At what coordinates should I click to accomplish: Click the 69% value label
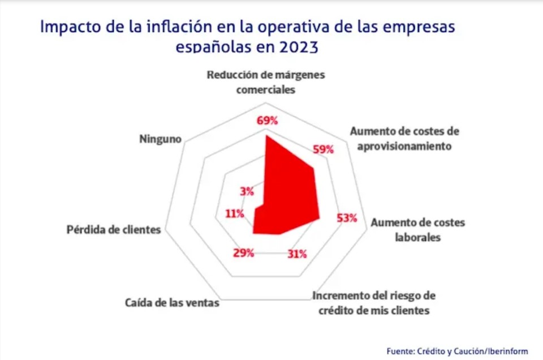[x=267, y=121]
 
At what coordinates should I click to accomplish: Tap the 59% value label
[x=323, y=149]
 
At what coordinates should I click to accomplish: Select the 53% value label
[x=346, y=218]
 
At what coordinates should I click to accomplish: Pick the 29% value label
[x=243, y=253]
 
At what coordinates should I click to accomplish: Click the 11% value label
[x=234, y=213]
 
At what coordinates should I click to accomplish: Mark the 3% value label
[x=247, y=191]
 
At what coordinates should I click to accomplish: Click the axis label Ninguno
[x=160, y=138]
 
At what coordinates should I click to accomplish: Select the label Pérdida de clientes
[x=114, y=230]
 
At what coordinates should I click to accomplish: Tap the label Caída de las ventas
[x=172, y=303]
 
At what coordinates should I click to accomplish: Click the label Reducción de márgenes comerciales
[x=265, y=82]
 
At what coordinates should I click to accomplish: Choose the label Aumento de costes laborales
[x=417, y=230]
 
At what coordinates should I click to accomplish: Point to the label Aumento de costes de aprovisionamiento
[x=404, y=139]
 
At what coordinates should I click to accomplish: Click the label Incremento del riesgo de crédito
[x=374, y=303]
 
